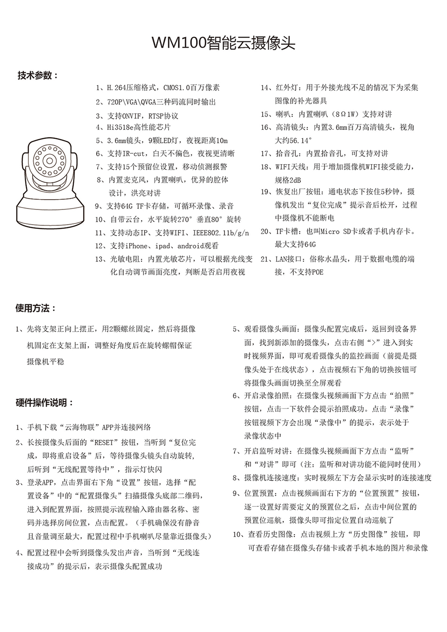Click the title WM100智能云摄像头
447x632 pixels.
(x=223, y=43)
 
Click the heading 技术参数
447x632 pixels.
(x=38, y=75)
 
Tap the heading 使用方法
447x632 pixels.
(x=35, y=308)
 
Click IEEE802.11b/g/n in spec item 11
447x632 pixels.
(x=224, y=233)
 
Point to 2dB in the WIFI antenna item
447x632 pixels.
(x=295, y=180)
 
